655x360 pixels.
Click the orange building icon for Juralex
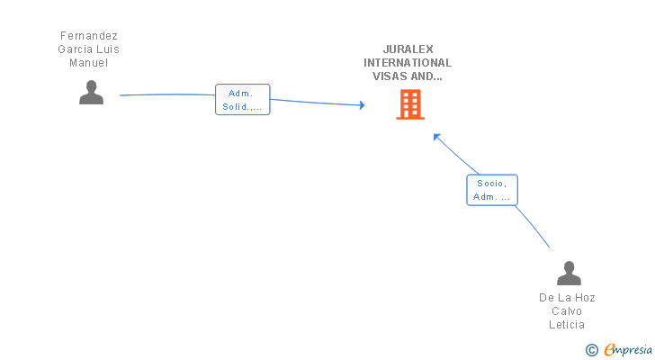409,105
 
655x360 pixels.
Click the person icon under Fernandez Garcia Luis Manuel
91,93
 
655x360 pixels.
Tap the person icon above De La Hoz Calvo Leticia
568,273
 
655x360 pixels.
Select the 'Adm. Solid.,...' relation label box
242,100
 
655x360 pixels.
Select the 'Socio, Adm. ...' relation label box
492,190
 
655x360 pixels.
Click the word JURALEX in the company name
408,49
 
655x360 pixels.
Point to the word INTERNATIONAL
408,63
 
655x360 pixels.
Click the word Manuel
88,63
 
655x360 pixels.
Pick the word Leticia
567,324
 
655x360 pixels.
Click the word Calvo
567,310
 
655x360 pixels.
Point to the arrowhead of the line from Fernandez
362,106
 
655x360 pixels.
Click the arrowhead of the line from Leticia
436,137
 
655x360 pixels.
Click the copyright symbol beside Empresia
591,349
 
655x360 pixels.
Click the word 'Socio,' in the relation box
492,183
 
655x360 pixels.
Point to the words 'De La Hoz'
567,297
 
